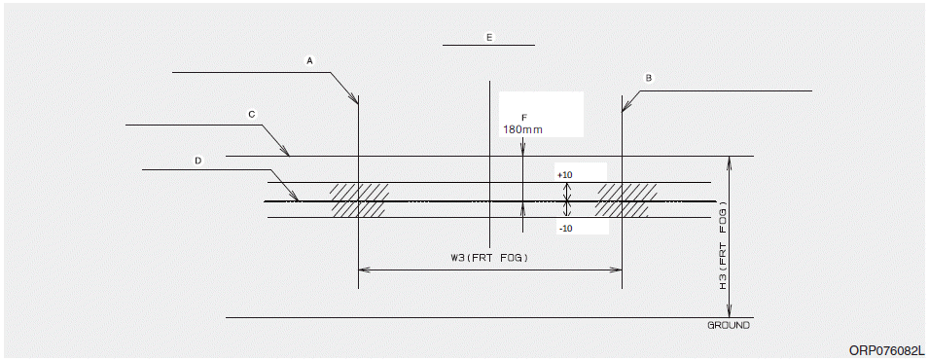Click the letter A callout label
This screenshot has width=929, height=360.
point(308,60)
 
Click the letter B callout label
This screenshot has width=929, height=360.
point(649,78)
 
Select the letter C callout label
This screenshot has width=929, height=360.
point(252,115)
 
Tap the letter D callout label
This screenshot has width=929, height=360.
point(197,161)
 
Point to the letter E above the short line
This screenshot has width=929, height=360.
point(489,37)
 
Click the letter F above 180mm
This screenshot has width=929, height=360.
point(523,118)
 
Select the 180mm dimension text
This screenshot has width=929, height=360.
point(522,129)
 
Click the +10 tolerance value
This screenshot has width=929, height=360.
point(565,175)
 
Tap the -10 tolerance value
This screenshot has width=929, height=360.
point(564,229)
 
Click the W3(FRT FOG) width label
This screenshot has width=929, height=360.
point(488,258)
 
